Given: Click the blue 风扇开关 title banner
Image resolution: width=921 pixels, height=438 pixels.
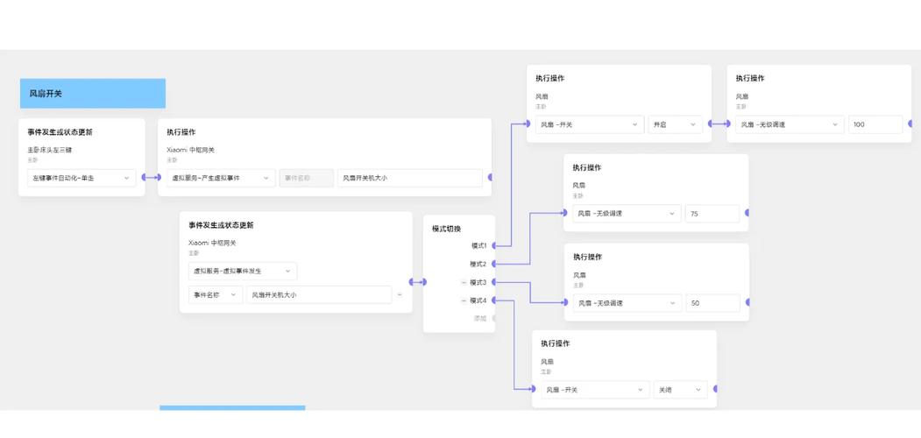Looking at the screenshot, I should pyautogui.click(x=92, y=93).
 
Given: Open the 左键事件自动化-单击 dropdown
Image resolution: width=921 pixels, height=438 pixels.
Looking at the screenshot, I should pyautogui.click(x=81, y=178).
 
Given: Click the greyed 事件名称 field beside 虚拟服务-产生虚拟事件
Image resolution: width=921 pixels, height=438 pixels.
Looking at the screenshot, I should pyautogui.click(x=306, y=178).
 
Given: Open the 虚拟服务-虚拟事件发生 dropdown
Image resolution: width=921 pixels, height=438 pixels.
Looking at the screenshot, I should pyautogui.click(x=242, y=272).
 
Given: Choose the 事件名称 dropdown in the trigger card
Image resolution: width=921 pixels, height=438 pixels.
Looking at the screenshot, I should pyautogui.click(x=215, y=295).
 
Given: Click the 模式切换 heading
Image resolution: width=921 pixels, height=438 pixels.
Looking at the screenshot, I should pyautogui.click(x=446, y=229).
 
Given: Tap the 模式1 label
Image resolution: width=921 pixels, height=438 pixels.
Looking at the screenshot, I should pyautogui.click(x=478, y=245).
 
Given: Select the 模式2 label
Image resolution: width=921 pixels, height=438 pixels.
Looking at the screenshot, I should pyautogui.click(x=478, y=264).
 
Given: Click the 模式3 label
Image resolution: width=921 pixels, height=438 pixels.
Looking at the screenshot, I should pyautogui.click(x=478, y=282).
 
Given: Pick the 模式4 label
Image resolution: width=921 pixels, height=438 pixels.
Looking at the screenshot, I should pyautogui.click(x=478, y=300).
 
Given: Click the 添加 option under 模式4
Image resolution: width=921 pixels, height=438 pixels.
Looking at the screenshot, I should pyautogui.click(x=479, y=319).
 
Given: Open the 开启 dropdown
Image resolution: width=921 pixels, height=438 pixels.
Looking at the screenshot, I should pyautogui.click(x=675, y=124).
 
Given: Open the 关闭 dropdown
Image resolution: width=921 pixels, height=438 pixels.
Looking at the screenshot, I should pyautogui.click(x=680, y=390).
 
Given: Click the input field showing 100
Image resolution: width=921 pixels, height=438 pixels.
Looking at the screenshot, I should pyautogui.click(x=875, y=124).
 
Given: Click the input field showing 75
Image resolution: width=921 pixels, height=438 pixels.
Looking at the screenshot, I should pyautogui.click(x=712, y=214).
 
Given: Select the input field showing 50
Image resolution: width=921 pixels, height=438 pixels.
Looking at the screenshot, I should pyautogui.click(x=712, y=303).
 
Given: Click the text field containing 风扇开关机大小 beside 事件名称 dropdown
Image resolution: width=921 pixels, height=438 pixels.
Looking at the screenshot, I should pyautogui.click(x=319, y=295).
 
